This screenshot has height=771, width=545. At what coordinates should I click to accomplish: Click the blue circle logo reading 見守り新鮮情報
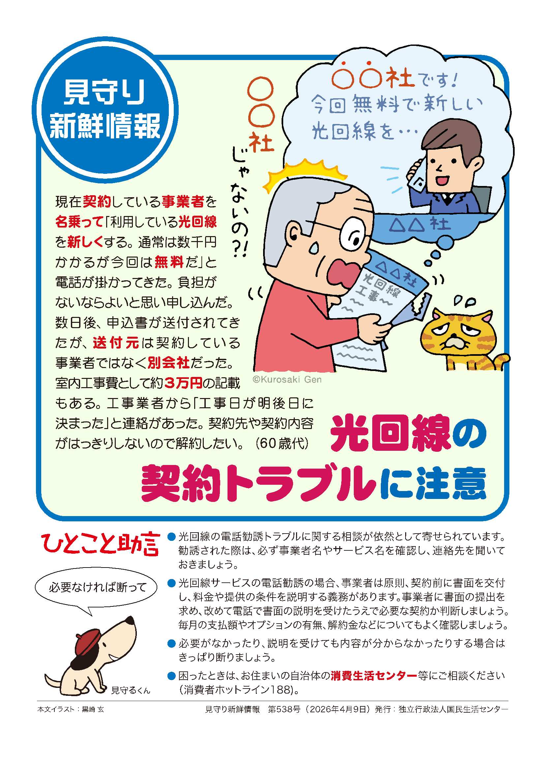coord(105,110)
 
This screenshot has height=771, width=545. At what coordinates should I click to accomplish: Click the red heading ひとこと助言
coord(100,544)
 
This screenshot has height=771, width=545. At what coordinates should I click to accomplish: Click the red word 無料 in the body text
coord(169,262)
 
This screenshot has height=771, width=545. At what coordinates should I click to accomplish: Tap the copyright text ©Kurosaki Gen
coord(287,380)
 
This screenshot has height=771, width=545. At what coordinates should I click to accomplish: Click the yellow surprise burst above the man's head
coord(304,173)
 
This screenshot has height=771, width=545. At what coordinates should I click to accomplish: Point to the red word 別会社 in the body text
coord(169,363)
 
